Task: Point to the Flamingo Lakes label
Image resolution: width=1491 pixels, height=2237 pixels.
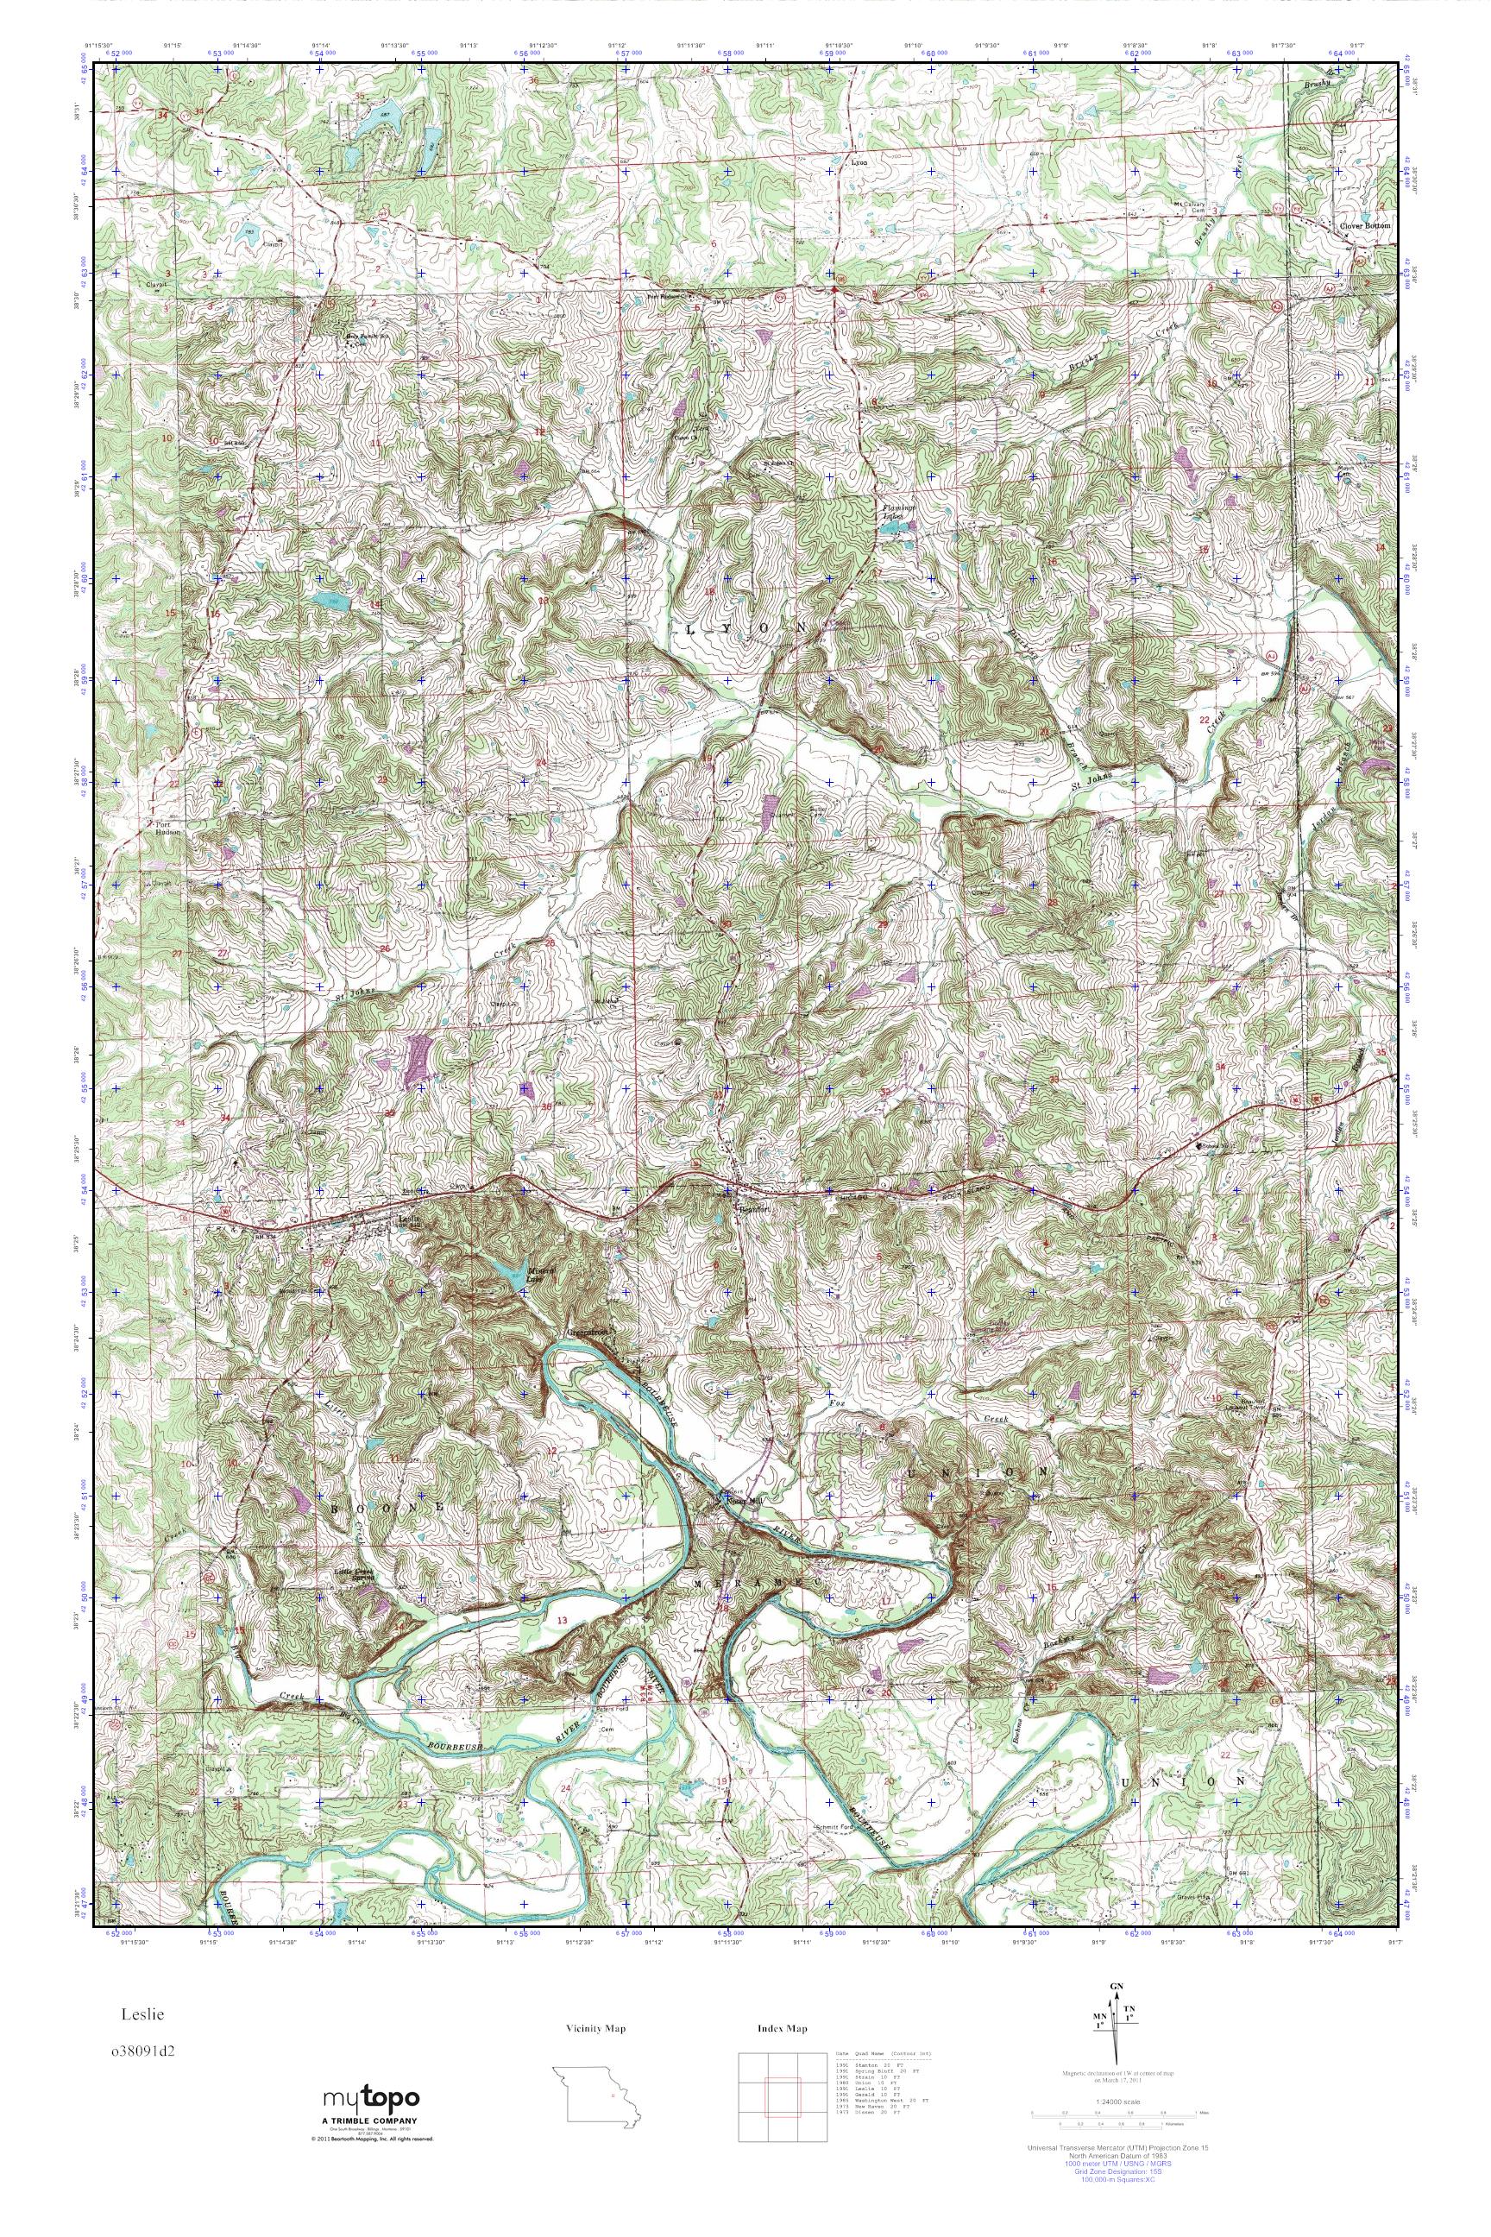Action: (x=896, y=514)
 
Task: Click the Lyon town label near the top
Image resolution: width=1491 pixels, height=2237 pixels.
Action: (x=859, y=162)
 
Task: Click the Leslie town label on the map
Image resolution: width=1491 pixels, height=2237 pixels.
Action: (x=409, y=1219)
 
